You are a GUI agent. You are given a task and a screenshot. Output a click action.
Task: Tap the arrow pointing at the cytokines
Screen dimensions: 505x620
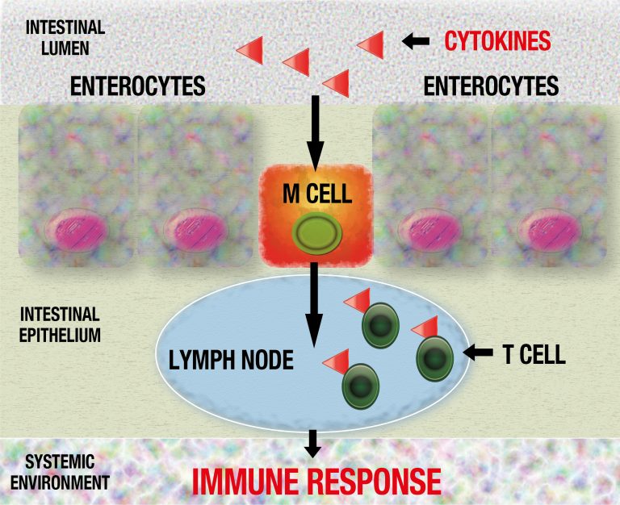coord(417,40)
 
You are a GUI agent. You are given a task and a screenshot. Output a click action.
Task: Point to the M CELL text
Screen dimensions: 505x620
coord(314,191)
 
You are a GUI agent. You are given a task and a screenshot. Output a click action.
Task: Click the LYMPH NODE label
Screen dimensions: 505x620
coord(231,359)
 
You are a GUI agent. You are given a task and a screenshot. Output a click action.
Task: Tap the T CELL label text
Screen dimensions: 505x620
coord(534,353)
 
